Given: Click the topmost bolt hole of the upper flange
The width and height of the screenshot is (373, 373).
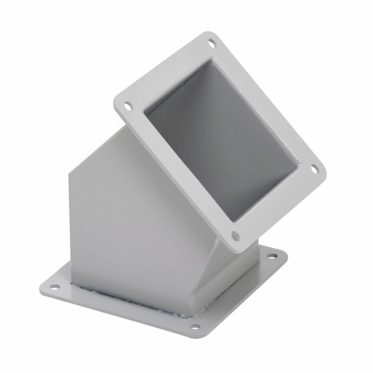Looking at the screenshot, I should [x=212, y=44].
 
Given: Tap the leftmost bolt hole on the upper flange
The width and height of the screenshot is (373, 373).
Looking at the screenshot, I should [x=128, y=106].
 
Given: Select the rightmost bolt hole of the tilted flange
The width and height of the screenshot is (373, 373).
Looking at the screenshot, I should [x=315, y=168].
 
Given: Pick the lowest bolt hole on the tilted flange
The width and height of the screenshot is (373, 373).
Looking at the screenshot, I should [x=235, y=236].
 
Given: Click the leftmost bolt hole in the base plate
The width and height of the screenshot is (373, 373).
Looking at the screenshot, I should [x=54, y=287].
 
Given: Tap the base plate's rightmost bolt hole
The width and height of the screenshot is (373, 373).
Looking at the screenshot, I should [x=272, y=256].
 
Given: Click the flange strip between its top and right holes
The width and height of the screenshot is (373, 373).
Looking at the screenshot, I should [x=264, y=103].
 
